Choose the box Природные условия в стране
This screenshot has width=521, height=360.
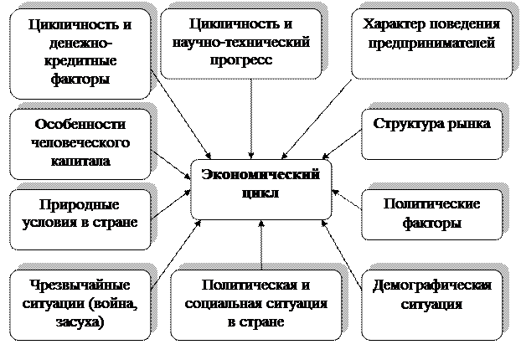click(80, 219)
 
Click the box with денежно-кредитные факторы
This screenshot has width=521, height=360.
click(80, 51)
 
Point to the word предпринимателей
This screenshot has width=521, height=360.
click(431, 43)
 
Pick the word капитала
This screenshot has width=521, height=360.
click(79, 160)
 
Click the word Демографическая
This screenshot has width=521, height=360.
click(431, 285)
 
